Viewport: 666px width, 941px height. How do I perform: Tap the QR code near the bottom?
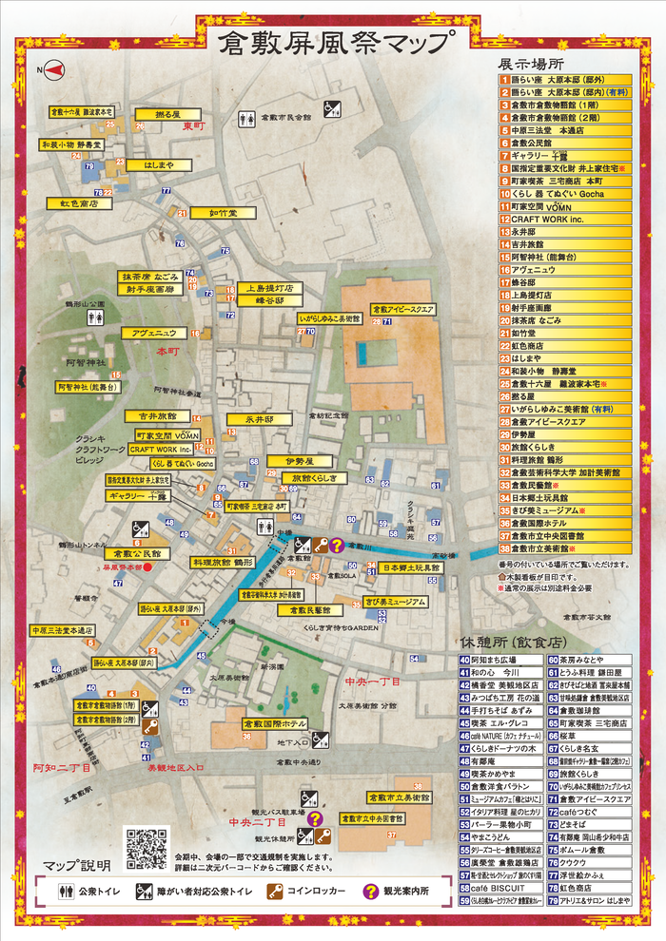click(x=146, y=848)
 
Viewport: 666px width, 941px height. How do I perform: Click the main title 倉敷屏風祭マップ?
click(x=334, y=44)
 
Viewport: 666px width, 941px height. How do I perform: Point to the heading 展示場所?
click(x=532, y=64)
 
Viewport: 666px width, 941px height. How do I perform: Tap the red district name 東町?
click(x=194, y=126)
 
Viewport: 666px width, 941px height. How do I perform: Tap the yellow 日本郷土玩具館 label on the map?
click(x=411, y=567)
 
